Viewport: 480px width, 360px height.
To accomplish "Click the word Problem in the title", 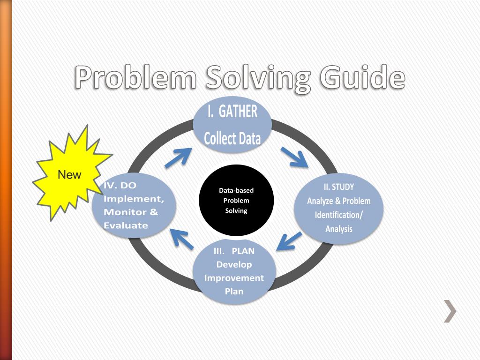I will tap(135, 77).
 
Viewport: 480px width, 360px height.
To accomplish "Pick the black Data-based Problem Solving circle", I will tap(236, 200).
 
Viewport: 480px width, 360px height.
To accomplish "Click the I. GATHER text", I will tap(232, 112).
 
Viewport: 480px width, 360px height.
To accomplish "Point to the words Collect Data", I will tap(232, 139).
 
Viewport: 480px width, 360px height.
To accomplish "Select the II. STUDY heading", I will tap(339, 187).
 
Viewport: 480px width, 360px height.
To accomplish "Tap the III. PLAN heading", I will tap(234, 251).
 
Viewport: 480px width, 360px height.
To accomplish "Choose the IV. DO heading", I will tap(120, 186).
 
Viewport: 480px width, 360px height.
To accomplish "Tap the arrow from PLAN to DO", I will tap(181, 238).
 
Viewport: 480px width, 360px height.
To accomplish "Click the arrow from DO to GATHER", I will tap(178, 157).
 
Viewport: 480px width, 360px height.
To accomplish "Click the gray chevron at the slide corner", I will tap(450, 312).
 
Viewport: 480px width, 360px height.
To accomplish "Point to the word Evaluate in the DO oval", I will tap(126, 225).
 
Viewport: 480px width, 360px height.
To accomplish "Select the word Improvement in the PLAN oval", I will tap(234, 278).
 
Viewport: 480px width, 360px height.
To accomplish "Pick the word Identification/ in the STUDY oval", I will tap(339, 216).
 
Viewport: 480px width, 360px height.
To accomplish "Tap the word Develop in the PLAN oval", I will tap(234, 264).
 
